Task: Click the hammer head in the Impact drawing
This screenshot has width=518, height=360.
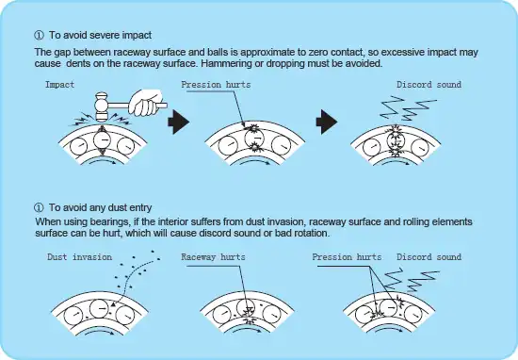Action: click(x=102, y=106)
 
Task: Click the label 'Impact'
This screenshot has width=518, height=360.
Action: click(x=59, y=85)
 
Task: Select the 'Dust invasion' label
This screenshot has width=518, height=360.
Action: click(x=80, y=257)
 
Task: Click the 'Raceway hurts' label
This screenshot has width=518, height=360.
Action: click(x=214, y=257)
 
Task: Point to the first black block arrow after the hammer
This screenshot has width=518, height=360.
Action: click(x=178, y=122)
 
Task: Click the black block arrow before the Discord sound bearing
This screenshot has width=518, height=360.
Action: click(x=327, y=122)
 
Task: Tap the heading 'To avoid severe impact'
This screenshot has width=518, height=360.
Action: click(x=101, y=35)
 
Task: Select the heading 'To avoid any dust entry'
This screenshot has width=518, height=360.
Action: click(x=101, y=207)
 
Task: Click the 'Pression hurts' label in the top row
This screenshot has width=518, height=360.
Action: click(x=216, y=85)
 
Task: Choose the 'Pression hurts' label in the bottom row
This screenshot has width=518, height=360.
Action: click(x=347, y=257)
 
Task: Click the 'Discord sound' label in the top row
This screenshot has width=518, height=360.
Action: click(x=429, y=85)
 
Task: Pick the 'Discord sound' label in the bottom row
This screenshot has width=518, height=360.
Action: click(x=429, y=257)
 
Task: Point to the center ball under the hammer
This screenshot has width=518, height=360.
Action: click(x=102, y=140)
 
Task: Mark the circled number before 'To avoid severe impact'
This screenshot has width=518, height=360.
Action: click(x=39, y=35)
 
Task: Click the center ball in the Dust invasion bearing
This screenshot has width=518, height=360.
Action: click(x=99, y=308)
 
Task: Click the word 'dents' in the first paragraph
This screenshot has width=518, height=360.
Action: click(x=77, y=63)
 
